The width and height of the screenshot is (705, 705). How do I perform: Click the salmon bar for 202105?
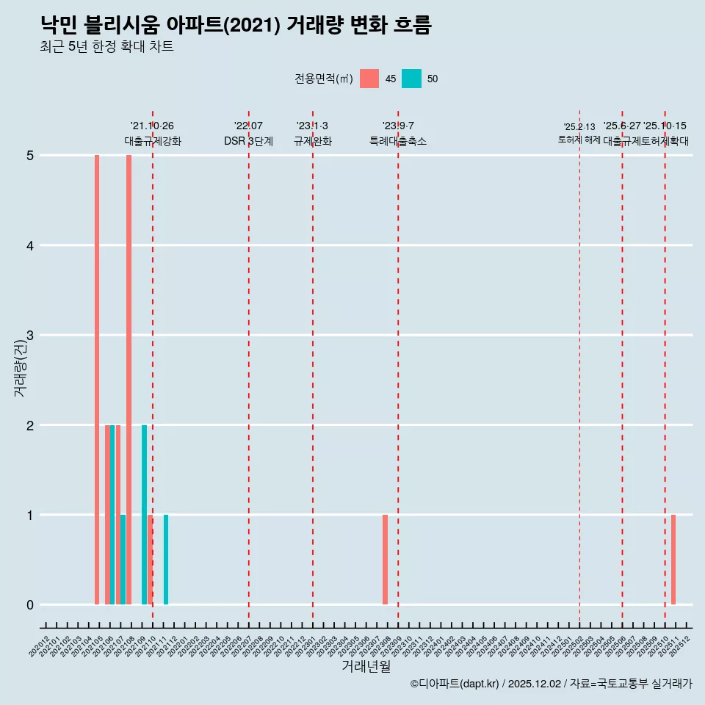[97, 380]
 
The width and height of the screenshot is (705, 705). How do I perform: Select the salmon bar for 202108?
[129, 380]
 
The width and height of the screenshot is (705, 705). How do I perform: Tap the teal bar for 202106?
[112, 514]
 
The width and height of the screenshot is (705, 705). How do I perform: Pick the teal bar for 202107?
[123, 560]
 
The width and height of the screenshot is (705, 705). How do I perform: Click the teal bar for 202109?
[145, 514]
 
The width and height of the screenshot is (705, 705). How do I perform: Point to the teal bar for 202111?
[166, 560]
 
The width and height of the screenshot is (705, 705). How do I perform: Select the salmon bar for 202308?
[385, 560]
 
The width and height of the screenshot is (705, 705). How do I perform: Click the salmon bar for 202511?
[673, 560]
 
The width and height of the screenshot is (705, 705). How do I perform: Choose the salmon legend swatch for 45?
[369, 79]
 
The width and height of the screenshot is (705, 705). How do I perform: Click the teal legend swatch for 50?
[411, 79]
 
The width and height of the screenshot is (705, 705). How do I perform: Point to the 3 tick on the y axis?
[30, 335]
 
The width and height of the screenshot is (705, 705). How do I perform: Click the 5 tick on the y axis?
[30, 155]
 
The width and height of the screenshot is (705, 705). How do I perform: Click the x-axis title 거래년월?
[366, 667]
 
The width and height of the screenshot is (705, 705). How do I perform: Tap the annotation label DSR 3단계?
[249, 141]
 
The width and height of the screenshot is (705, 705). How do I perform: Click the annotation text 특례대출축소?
[397, 141]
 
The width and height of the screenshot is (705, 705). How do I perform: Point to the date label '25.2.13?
[579, 127]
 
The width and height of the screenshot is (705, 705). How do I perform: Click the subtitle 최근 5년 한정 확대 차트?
[107, 47]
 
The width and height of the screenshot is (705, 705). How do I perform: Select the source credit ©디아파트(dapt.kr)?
[455, 684]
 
